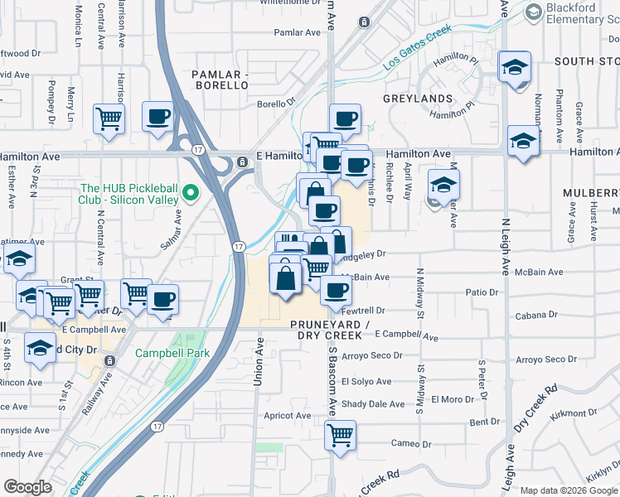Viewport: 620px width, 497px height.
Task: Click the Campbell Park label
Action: (174, 353)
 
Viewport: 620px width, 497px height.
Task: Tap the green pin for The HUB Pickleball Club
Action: (190, 192)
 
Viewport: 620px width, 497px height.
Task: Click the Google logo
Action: (27, 487)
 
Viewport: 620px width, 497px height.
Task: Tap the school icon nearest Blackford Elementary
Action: (515, 67)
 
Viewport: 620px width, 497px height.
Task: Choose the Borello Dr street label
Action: (276, 104)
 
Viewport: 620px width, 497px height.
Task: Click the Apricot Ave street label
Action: (287, 415)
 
